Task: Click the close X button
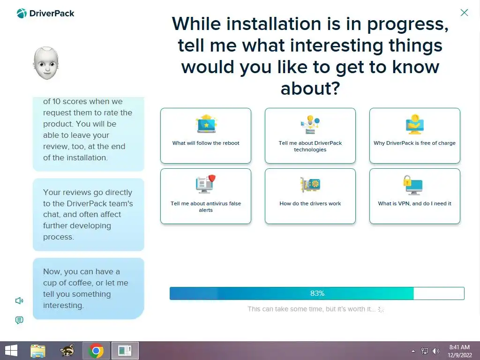point(464,13)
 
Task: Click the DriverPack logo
point(45,14)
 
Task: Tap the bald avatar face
point(46,63)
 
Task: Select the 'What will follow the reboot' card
point(206,135)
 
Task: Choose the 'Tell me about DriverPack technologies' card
point(310,135)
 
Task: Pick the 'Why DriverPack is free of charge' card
point(414,135)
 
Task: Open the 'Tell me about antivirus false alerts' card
point(206,196)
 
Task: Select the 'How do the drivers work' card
point(310,196)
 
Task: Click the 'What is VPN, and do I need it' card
point(414,196)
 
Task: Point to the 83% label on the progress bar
point(317,293)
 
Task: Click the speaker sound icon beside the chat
point(19,300)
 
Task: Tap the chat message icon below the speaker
point(19,320)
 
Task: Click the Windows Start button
point(11,351)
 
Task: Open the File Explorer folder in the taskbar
point(38,351)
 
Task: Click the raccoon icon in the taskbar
point(67,351)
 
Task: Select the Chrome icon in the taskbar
point(96,351)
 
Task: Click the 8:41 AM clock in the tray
point(459,347)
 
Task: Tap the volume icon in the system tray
point(435,351)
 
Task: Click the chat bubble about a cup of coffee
point(89,288)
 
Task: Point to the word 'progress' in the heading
point(407,24)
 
